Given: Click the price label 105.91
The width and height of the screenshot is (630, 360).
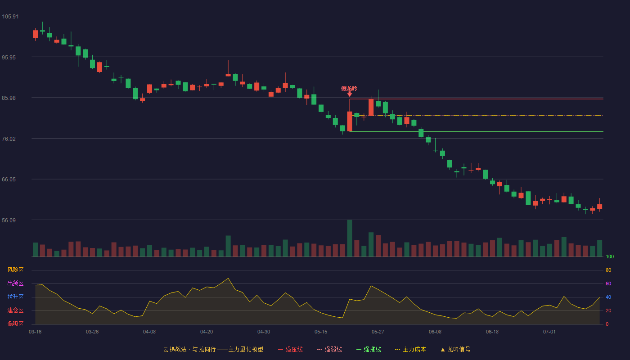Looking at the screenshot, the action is [10, 17].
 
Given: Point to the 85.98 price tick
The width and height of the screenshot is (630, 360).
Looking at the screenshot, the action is [9, 98].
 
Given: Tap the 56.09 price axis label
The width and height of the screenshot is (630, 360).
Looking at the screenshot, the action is [9, 220].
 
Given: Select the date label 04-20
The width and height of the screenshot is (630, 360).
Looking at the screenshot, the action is [207, 332].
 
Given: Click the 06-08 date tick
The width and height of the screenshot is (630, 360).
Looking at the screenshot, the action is [435, 332].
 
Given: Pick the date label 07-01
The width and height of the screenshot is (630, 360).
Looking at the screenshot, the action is [549, 332].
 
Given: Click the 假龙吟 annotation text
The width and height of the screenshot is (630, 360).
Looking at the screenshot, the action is [349, 89].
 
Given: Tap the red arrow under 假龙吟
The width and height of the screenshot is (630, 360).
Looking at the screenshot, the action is [350, 94].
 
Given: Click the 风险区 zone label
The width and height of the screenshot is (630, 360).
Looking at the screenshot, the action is [15, 270].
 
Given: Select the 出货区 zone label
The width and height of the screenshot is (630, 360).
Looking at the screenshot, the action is [15, 283].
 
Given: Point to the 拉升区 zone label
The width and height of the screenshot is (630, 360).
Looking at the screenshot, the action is [15, 297].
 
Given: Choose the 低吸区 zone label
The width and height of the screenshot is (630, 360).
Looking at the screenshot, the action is [15, 324].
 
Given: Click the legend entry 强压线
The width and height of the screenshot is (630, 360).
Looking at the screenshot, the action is [291, 349].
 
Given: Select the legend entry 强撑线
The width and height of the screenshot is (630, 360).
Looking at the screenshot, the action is [369, 349].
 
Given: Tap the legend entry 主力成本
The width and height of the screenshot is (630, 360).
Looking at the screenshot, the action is [410, 349].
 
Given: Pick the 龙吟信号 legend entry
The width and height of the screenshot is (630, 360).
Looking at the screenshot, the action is [455, 349].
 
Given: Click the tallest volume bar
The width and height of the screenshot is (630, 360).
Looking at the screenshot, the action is [350, 238].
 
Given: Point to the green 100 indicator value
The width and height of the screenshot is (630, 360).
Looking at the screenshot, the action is [610, 256].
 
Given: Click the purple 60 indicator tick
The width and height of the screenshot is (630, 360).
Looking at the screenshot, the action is [608, 283].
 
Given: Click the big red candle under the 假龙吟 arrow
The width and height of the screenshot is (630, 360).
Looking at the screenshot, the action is [350, 121].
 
